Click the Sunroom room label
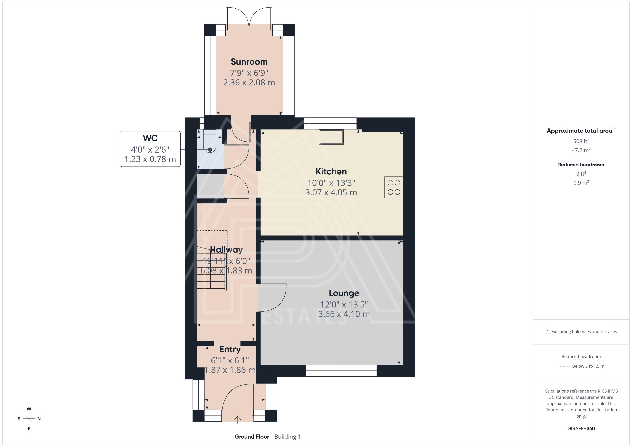coord(249,62)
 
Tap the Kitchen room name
coord(331,172)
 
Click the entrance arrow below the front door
coord(238,419)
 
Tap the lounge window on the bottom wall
coord(341,371)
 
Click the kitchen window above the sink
coord(330,123)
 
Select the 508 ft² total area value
coord(581,141)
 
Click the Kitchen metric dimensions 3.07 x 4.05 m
coord(331,192)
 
